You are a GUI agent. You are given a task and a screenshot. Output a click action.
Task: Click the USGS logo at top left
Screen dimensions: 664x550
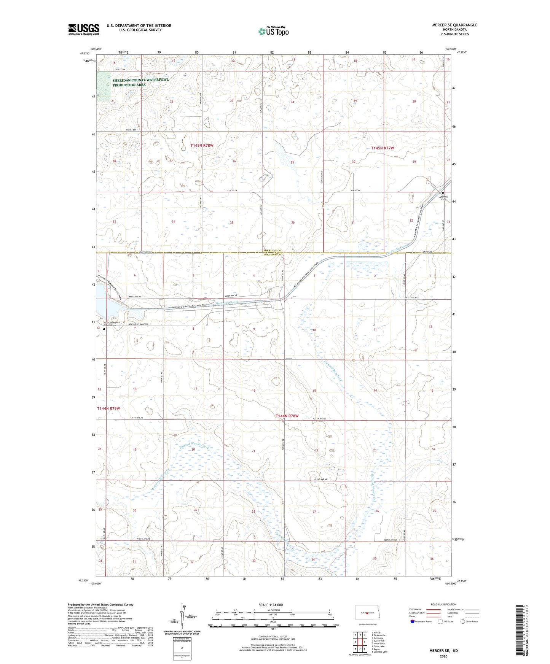pos(84,29)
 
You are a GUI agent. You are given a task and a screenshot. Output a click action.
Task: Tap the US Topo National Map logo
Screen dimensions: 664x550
pos(273,31)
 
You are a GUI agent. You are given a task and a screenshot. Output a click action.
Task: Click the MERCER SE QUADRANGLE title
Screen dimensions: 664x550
pos(454,25)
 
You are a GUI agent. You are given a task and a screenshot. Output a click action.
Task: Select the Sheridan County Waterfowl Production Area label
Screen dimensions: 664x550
pos(140,83)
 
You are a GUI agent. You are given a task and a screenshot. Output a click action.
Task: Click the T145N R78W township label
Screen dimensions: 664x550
pos(202,146)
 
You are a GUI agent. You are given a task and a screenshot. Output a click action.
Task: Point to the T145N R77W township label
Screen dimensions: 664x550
pos(383,148)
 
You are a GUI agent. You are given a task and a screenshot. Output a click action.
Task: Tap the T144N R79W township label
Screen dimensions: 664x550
pos(108,408)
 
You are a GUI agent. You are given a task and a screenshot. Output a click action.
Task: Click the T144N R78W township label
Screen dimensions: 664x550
pos(287,416)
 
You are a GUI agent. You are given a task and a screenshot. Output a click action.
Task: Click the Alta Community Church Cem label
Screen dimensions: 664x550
pos(112,324)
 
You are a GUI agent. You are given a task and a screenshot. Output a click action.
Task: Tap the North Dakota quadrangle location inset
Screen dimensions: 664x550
pos(367,613)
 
